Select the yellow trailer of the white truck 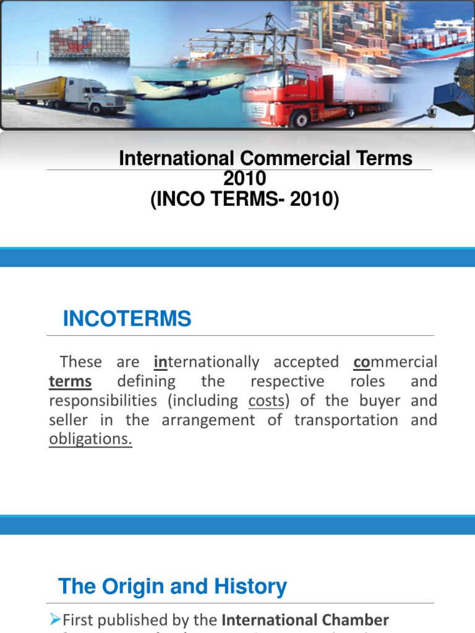(40, 90)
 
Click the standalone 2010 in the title (244, 179)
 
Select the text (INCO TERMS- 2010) (245, 200)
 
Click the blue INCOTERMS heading (127, 320)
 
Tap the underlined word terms (70, 381)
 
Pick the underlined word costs (266, 401)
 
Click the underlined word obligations (90, 440)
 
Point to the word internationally (207, 362)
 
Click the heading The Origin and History (173, 587)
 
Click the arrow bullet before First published (54, 620)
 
